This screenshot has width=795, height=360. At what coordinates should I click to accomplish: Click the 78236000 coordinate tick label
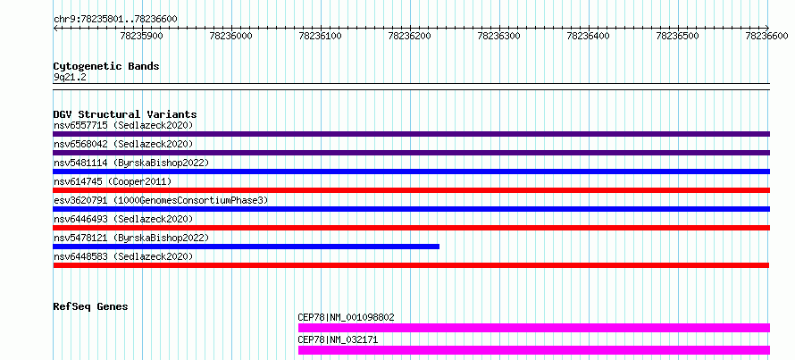[230, 36]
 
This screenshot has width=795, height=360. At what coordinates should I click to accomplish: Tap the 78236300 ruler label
[499, 36]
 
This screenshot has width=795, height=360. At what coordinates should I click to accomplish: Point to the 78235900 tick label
[141, 36]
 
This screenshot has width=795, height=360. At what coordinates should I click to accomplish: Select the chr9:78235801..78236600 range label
[115, 20]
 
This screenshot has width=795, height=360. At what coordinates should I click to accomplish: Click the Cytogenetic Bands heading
[106, 66]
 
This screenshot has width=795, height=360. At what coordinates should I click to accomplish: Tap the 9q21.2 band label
[70, 78]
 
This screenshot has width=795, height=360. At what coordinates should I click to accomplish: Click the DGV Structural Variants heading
[125, 114]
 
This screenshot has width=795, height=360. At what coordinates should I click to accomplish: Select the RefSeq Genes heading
[91, 306]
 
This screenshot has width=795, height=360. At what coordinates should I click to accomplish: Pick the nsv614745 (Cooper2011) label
[113, 181]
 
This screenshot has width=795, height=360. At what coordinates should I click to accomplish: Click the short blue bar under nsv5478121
[247, 247]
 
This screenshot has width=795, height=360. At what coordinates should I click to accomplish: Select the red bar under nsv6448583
[411, 265]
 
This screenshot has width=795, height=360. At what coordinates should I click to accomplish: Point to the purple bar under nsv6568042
[412, 153]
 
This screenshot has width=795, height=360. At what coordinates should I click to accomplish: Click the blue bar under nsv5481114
[412, 172]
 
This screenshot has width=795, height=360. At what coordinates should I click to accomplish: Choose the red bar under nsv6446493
[412, 228]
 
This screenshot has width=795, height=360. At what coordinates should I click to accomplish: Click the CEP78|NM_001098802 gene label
[347, 318]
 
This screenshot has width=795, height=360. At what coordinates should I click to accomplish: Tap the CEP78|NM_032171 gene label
[338, 339]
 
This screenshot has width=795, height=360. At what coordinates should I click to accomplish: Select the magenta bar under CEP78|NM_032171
[534, 350]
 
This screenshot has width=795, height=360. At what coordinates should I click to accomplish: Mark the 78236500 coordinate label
[677, 36]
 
